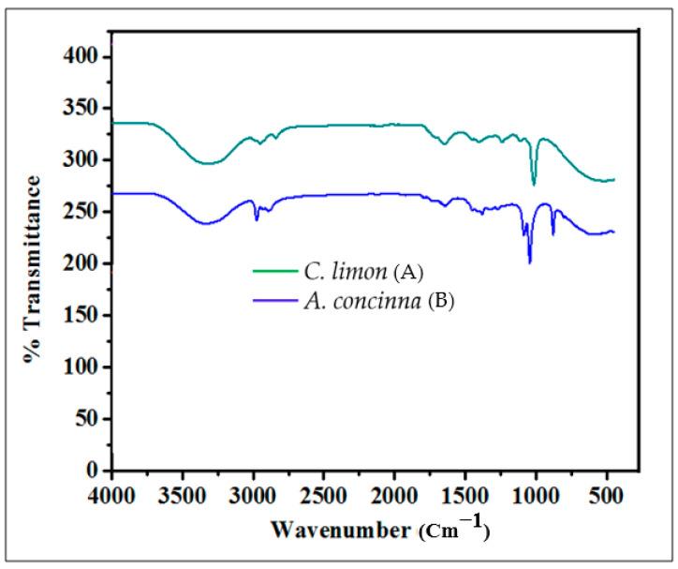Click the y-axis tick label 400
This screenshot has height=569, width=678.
(x=82, y=57)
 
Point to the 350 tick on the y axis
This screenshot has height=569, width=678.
(x=82, y=109)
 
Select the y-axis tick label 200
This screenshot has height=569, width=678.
(x=82, y=263)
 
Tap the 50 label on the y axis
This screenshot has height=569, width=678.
(x=88, y=419)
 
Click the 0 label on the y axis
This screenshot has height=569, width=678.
(x=94, y=471)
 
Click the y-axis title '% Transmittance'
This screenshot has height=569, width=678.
(x=35, y=269)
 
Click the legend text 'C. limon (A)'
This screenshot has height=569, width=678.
(x=364, y=273)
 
